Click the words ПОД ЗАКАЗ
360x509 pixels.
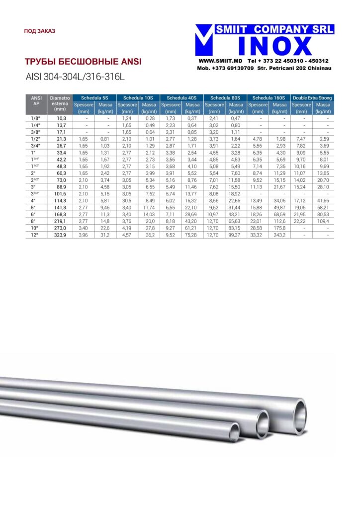click(40, 31)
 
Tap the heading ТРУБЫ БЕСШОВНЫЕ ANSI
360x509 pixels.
click(83, 62)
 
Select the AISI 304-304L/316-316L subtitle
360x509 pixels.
click(75, 77)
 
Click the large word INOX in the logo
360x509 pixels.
click(275, 46)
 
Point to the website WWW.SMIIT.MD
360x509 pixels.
click(220, 61)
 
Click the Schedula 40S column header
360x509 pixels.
click(181, 98)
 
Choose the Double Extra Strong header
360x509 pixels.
click(312, 98)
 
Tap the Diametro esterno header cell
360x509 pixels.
click(60, 103)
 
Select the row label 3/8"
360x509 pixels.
click(35, 132)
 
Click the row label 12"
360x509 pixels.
click(34, 235)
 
